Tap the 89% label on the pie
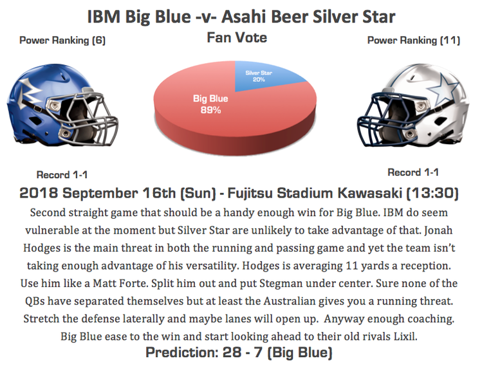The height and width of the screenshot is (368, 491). click(210, 110)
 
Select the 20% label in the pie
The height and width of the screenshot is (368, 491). click(259, 80)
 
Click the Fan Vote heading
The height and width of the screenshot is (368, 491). click(237, 37)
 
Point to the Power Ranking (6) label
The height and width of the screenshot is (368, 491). click(62, 41)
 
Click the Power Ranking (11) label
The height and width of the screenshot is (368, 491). click(414, 41)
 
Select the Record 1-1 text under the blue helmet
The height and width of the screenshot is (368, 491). click(62, 175)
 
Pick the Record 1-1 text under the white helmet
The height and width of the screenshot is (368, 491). click(413, 172)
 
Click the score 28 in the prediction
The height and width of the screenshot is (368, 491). click(232, 353)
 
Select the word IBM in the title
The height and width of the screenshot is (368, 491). click(104, 17)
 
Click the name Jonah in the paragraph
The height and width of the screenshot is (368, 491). click(438, 230)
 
